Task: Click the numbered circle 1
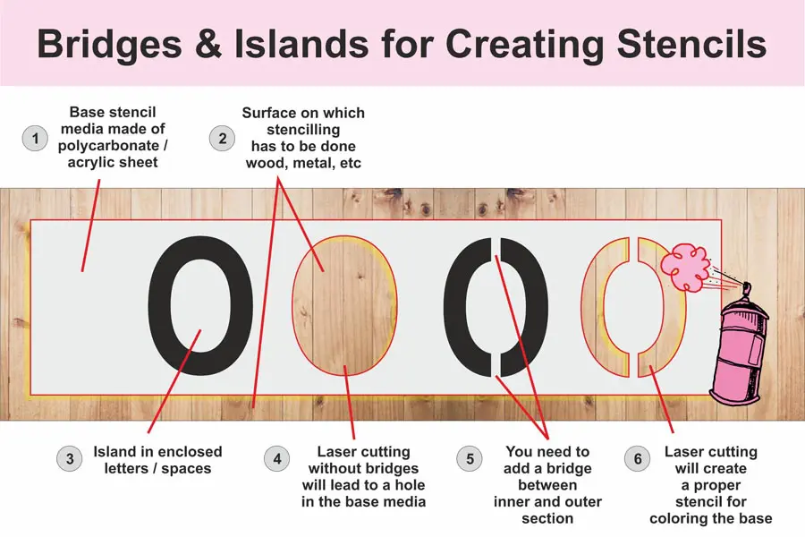pyautogui.click(x=35, y=138)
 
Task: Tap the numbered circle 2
pyautogui.click(x=223, y=138)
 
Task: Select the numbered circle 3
pyautogui.click(x=69, y=458)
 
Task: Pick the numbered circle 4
pyautogui.click(x=277, y=458)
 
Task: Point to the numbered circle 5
pyautogui.click(x=470, y=458)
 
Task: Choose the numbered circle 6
pyautogui.click(x=638, y=458)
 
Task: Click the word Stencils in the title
pyautogui.click(x=691, y=44)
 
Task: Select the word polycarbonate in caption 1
pyautogui.click(x=109, y=146)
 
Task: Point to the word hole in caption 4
pyautogui.click(x=409, y=485)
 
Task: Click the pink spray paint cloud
pyautogui.click(x=685, y=268)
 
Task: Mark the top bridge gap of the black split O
pyautogui.click(x=496, y=247)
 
